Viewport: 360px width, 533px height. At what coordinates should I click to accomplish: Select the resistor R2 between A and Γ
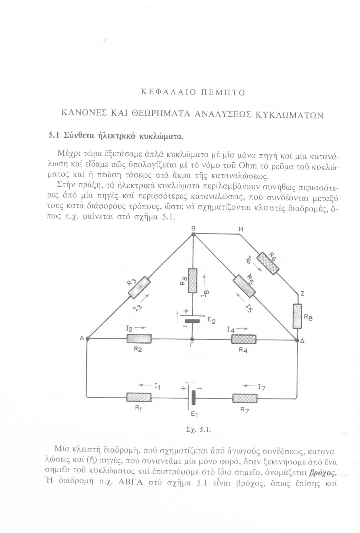coord(139,339)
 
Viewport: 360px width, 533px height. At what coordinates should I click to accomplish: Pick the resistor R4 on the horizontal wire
coord(244,339)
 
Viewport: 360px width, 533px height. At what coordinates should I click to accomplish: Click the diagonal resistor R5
coord(244,286)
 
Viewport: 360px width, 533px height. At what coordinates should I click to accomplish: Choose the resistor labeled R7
coord(245,398)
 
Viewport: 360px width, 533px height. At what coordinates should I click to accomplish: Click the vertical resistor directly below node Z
coord(297,316)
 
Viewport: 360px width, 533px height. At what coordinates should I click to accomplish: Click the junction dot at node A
coord(87,339)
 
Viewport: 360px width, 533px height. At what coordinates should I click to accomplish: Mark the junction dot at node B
coord(193,233)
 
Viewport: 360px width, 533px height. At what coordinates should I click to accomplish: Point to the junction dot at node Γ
coord(192,339)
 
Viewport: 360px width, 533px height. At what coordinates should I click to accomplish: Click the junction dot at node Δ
coord(297,340)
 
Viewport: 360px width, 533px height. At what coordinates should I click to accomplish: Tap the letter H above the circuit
coord(241,230)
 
